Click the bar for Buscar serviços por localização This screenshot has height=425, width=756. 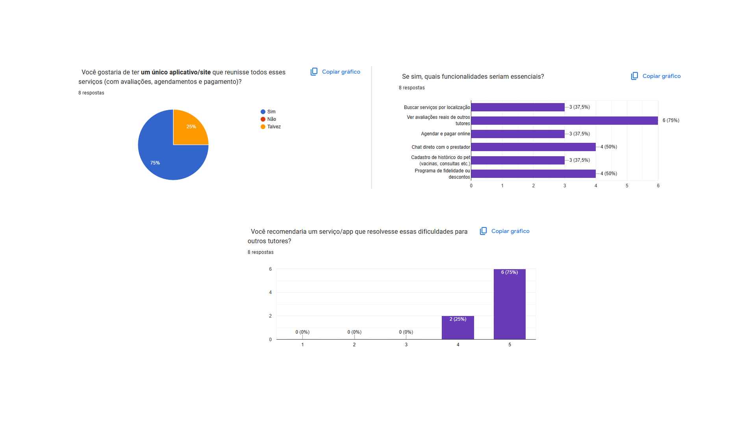517,107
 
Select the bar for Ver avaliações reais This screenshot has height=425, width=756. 564,120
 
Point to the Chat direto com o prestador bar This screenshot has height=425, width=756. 533,147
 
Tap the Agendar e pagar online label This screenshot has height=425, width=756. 445,134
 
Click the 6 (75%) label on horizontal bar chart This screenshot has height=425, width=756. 671,120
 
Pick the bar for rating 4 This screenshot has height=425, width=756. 458,329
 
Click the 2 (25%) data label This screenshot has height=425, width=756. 458,319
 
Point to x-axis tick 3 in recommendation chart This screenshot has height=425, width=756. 406,345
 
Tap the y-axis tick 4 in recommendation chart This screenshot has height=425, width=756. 271,292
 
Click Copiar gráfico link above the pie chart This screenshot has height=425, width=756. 341,72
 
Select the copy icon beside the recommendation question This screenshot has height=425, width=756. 483,231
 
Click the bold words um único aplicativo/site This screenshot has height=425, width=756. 176,72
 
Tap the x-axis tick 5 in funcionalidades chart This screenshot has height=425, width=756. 627,186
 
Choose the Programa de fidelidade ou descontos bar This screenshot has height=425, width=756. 533,174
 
